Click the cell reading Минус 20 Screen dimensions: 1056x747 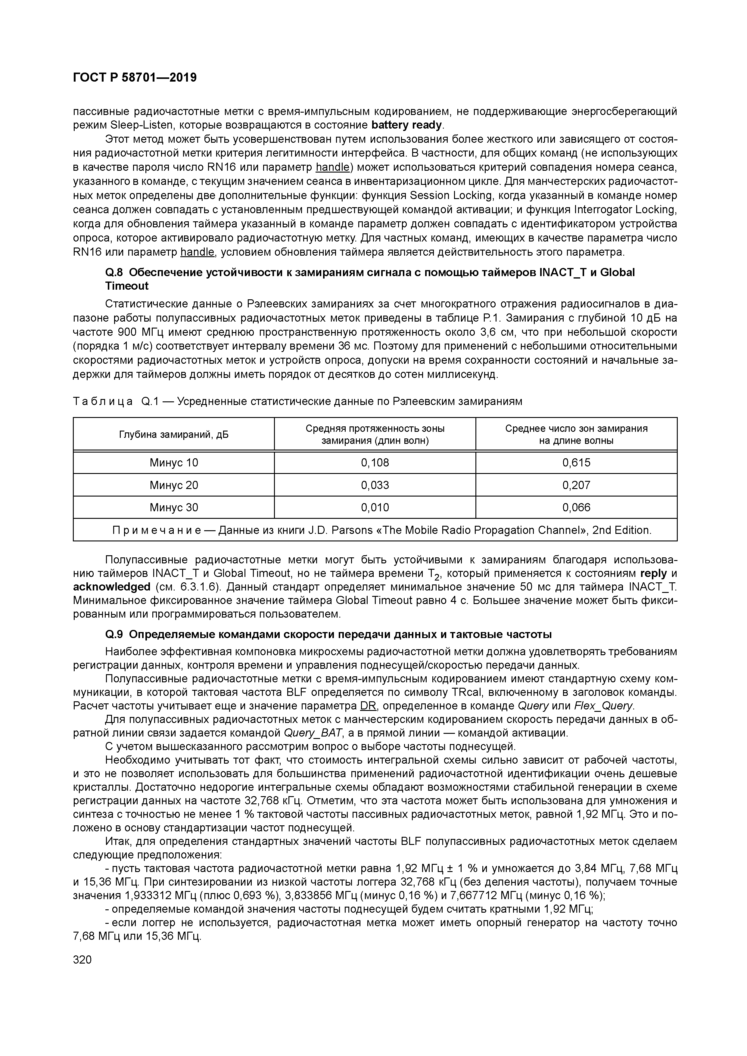(173, 485)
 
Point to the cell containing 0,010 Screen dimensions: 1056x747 (375, 508)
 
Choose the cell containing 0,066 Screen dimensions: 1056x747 (576, 508)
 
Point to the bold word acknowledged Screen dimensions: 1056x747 (112, 587)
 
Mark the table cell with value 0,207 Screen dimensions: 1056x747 (576, 485)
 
